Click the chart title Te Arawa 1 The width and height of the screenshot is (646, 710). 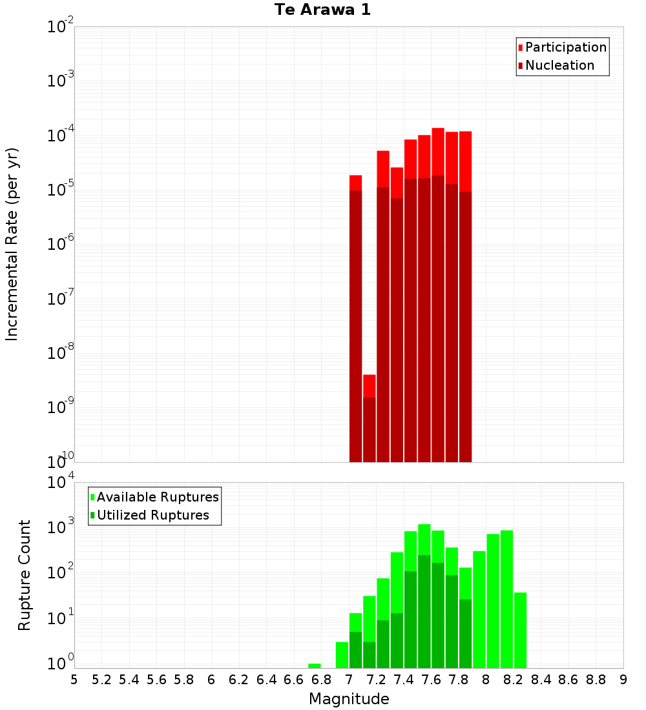322,10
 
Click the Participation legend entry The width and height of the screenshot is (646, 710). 565,47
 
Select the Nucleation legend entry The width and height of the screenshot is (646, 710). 559,65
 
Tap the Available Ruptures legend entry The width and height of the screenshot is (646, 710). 157,497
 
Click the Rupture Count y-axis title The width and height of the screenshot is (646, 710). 25,575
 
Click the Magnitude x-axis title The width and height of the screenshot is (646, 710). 349,699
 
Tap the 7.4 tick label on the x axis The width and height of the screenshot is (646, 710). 404,680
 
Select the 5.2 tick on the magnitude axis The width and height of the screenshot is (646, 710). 101,680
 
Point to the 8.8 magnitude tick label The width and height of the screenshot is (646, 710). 596,680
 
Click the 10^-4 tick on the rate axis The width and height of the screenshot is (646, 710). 61,136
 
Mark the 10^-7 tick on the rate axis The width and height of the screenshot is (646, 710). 61,299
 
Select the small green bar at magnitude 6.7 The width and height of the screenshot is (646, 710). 315,665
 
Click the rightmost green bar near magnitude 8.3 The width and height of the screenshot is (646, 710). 520,630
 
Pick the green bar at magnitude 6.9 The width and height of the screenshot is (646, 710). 342,654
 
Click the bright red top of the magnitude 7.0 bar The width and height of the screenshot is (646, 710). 355,183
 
